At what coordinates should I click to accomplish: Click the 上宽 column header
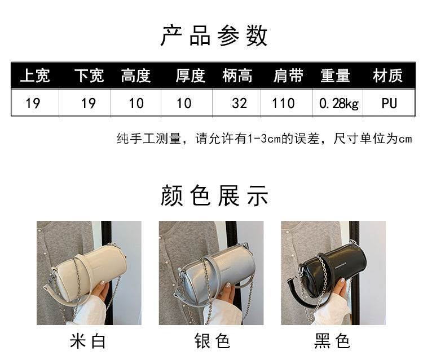(35, 75)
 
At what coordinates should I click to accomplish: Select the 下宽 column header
(89, 75)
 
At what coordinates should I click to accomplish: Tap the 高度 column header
(136, 75)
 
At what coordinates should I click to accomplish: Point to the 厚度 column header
(191, 75)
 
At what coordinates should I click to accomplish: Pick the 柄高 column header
(237, 75)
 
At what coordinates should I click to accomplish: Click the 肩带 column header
(288, 75)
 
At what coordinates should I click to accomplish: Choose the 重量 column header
(336, 75)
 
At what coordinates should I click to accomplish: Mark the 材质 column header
(388, 75)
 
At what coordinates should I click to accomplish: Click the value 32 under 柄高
(239, 104)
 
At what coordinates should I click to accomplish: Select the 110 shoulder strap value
(283, 104)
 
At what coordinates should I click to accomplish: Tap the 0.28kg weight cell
(339, 104)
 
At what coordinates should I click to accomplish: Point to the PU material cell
(389, 104)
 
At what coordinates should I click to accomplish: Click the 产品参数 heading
(214, 35)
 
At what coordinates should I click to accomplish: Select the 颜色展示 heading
(214, 195)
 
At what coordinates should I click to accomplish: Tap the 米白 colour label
(87, 341)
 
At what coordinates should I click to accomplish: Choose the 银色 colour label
(212, 341)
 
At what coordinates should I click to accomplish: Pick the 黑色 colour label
(332, 341)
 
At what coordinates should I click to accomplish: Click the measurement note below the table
(265, 139)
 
